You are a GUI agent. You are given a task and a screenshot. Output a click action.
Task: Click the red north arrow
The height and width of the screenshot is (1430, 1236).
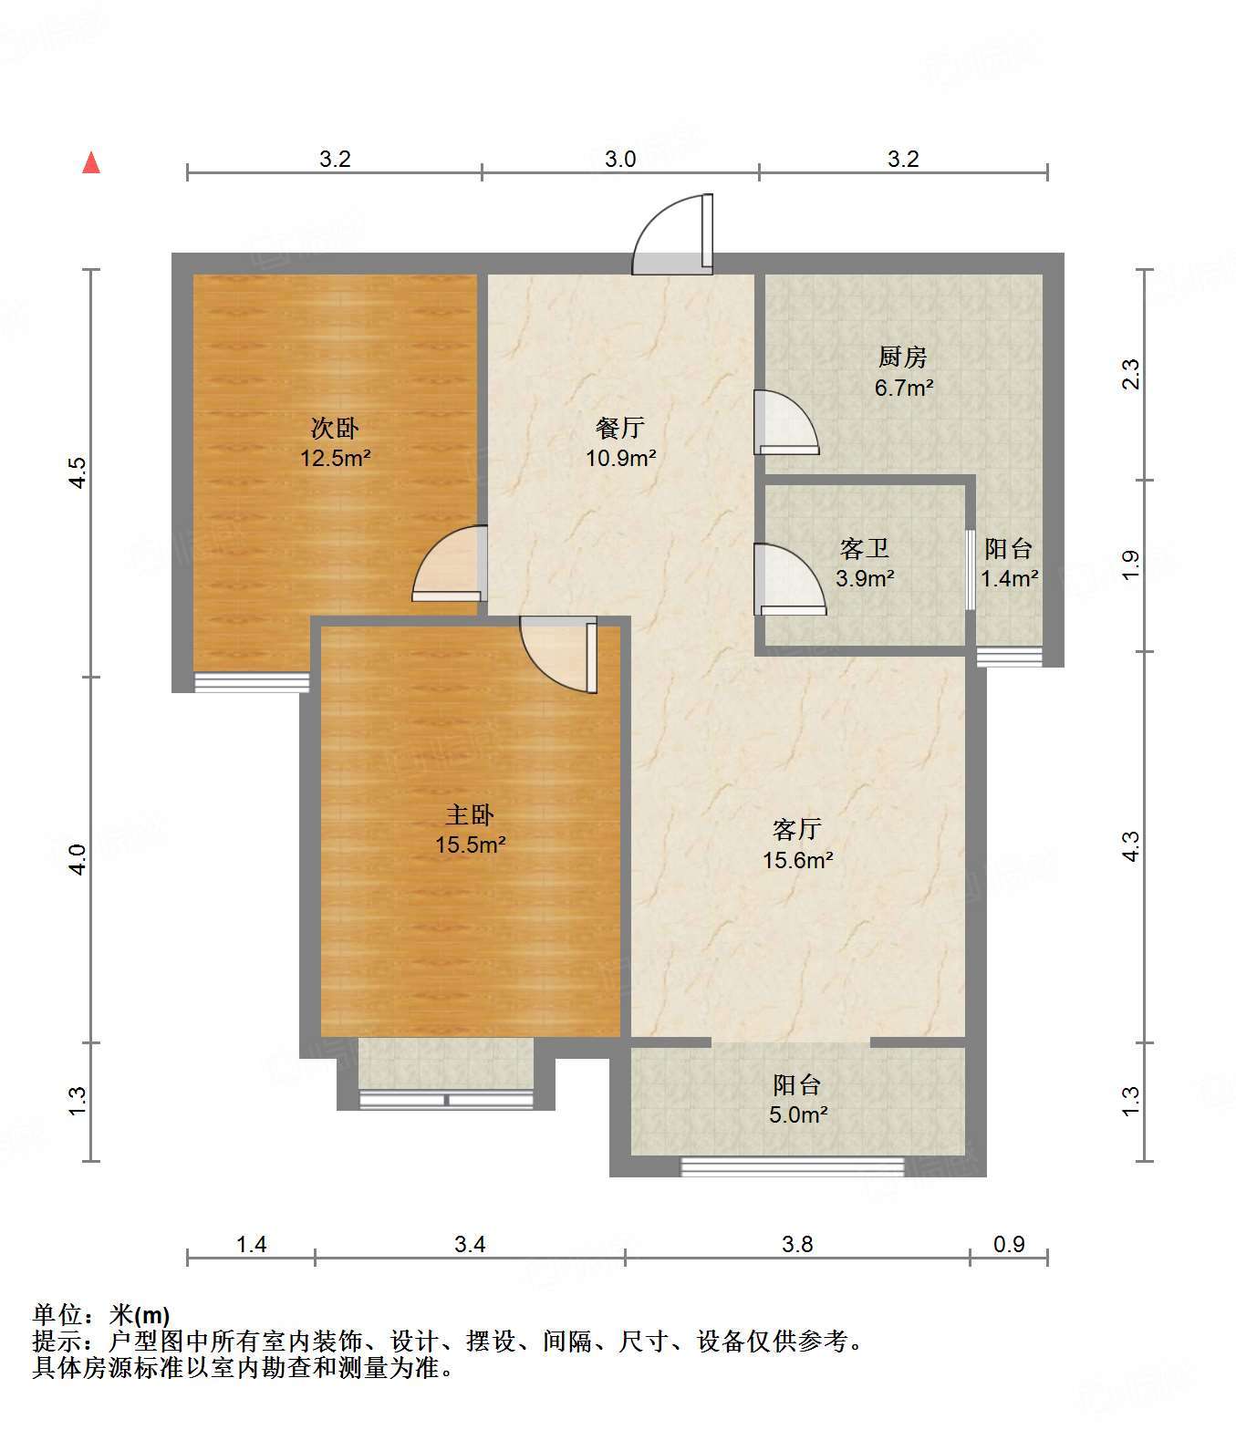[x=91, y=162]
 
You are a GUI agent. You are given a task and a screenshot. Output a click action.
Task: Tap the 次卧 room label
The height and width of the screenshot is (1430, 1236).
[x=335, y=429]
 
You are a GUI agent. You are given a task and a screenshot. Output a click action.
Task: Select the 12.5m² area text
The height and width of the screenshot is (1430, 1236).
[x=335, y=458]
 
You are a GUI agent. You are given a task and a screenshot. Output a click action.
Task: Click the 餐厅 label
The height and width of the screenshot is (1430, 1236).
[x=620, y=429]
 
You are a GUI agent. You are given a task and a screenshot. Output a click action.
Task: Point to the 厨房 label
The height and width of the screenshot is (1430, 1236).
[x=903, y=357]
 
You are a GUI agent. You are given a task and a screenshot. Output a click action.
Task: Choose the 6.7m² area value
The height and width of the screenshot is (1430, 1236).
[x=904, y=388]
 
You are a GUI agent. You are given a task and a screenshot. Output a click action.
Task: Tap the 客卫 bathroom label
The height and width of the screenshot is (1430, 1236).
[x=865, y=549]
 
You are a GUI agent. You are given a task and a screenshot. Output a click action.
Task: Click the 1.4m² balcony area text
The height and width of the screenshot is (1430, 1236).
[x=1009, y=578]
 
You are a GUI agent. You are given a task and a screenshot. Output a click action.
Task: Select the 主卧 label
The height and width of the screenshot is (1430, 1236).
[x=470, y=815]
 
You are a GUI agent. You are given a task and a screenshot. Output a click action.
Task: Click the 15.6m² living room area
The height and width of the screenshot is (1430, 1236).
[x=797, y=860]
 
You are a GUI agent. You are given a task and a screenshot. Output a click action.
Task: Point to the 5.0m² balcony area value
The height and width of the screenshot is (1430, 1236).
[x=798, y=1114]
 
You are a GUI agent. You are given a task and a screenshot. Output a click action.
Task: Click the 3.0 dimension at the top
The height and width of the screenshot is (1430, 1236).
[x=620, y=159]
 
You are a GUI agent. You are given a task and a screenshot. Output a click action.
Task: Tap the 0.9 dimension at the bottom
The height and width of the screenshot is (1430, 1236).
[x=1009, y=1244]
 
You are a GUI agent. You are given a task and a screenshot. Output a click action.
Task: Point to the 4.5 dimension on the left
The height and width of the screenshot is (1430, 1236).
[x=78, y=472]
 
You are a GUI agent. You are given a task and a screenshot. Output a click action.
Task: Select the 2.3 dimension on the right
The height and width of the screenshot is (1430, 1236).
[x=1129, y=374]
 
